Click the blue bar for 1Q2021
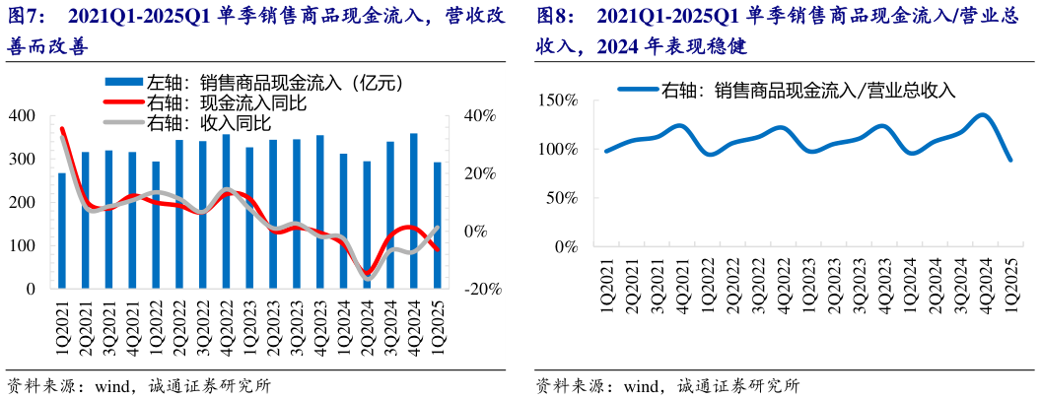pos(62,231)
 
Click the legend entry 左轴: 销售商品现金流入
pos(256,84)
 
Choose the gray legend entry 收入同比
pos(207,123)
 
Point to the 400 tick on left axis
pos(21,116)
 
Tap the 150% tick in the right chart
pos(558,100)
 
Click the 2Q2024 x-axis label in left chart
pos(367,325)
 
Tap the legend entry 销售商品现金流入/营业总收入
pos(789,90)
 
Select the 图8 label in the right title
pos(558,17)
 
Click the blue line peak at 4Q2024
pos(983,115)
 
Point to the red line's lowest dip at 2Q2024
pos(367,273)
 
